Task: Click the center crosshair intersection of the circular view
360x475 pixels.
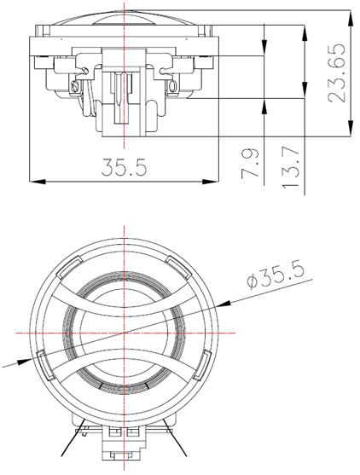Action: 124,331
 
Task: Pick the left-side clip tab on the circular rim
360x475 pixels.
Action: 40,356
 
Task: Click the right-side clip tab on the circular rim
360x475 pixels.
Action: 207,356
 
